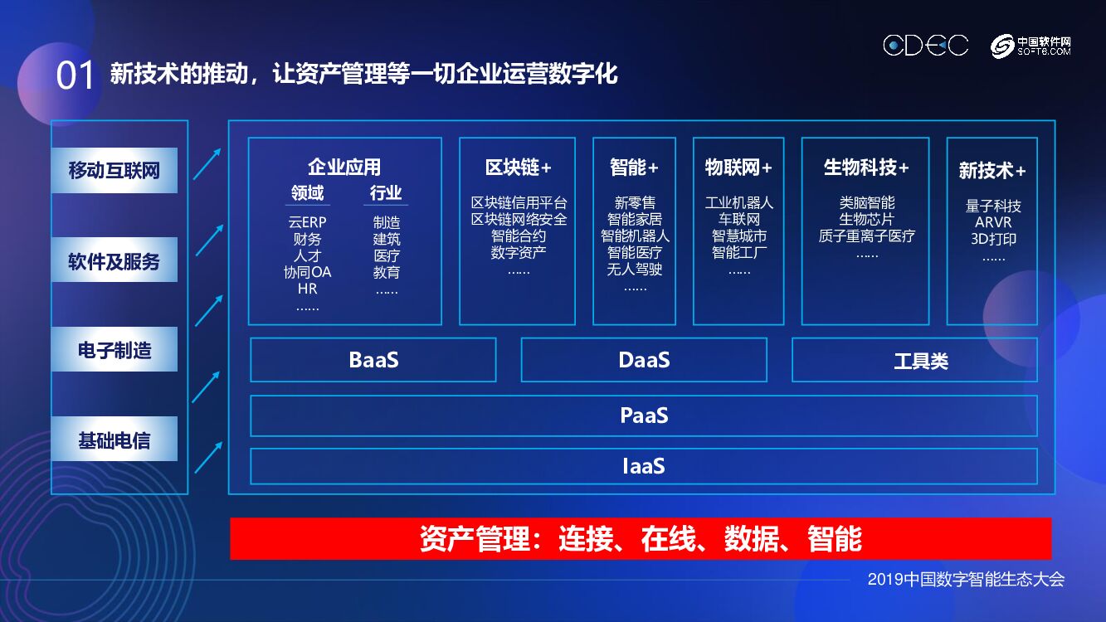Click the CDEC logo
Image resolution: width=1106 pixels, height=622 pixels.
925,46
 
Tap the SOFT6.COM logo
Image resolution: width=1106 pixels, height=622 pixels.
1031,46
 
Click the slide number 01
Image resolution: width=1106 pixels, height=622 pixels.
75,76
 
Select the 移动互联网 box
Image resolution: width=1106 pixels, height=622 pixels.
114,171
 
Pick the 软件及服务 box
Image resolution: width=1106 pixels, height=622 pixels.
114,261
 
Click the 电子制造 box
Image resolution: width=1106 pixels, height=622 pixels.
114,350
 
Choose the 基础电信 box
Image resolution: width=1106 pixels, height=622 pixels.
114,440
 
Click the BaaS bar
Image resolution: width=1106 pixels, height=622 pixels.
373,360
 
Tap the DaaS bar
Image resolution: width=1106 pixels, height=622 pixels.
644,360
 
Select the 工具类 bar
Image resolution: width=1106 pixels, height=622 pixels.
914,361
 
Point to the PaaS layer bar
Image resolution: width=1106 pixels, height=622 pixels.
644,415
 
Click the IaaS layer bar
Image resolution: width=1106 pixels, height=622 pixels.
644,466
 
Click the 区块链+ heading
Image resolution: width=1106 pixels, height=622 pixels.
518,168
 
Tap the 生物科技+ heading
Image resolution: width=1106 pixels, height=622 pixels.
865,168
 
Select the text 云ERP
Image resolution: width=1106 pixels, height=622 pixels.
307,222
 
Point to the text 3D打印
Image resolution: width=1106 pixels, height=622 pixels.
993,239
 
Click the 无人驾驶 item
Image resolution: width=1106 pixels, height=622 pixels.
635,269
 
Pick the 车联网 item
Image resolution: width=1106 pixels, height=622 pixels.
738,220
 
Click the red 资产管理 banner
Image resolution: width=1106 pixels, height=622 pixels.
641,539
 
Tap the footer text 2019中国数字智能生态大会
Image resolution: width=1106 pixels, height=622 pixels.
966,580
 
